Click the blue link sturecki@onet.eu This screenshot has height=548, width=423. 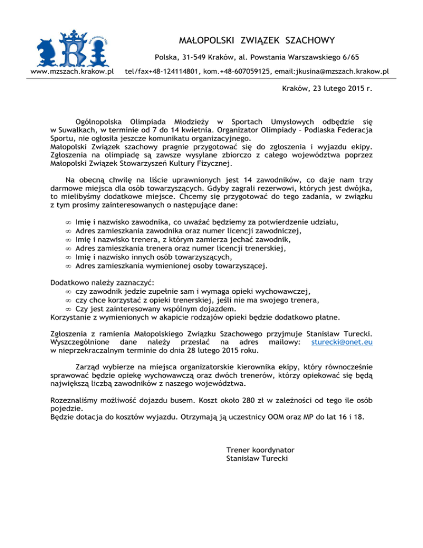point(342,342)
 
